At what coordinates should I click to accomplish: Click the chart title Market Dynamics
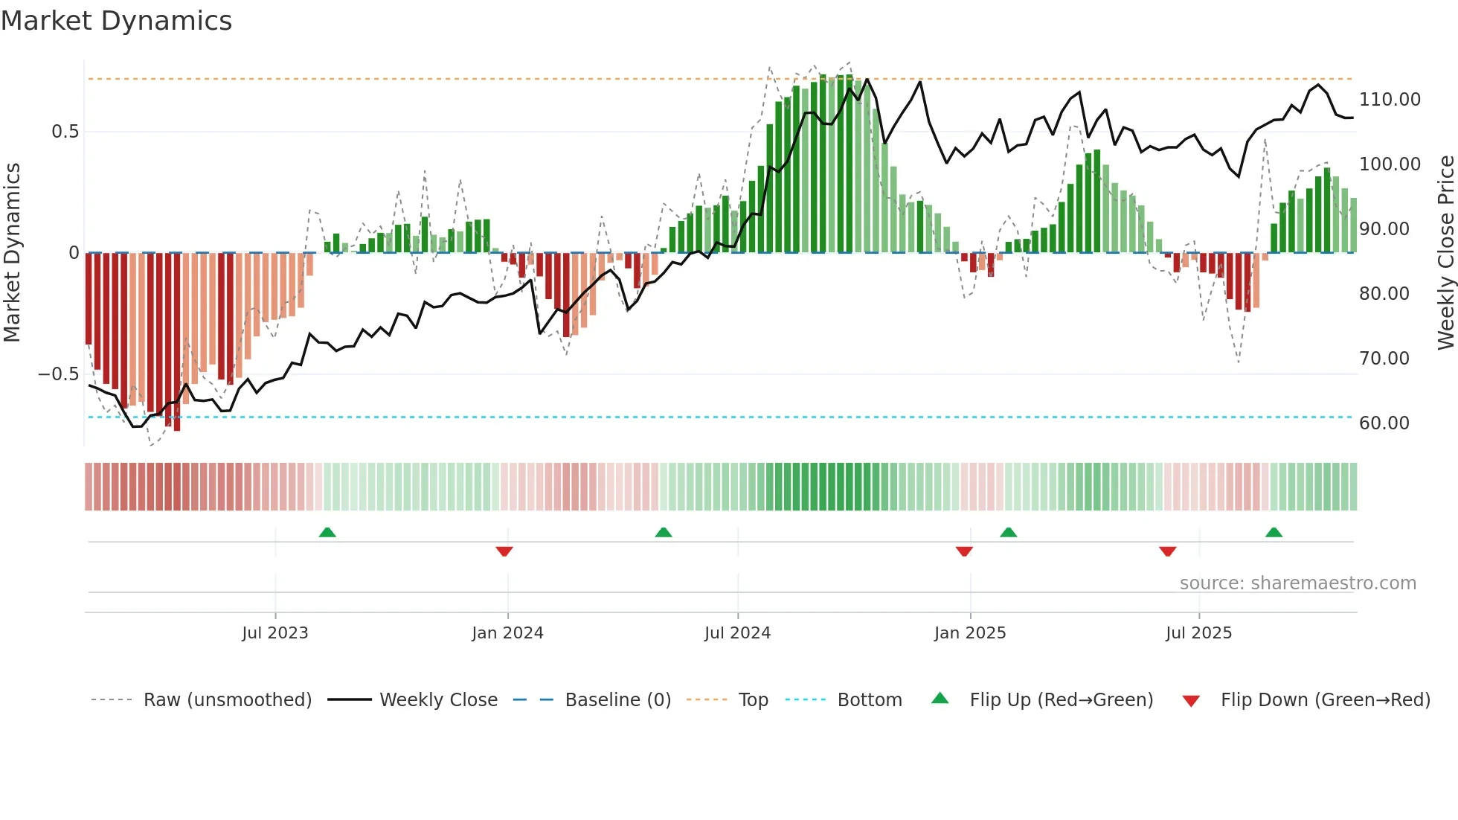(116, 21)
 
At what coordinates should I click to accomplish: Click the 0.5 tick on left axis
(65, 132)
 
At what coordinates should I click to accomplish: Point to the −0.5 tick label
(58, 374)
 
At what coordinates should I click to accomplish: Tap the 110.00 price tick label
(1389, 100)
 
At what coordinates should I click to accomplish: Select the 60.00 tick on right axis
(1384, 423)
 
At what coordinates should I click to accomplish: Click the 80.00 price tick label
(1384, 294)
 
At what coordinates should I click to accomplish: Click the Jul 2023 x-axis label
(274, 633)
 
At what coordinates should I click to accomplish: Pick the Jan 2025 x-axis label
(969, 633)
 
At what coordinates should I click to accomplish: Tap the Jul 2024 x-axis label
(737, 633)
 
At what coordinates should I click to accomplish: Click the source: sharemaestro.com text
(1297, 583)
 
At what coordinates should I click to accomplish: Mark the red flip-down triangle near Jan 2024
(504, 551)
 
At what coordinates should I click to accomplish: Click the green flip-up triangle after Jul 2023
(327, 532)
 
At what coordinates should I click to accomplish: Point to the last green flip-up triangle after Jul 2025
(1274, 532)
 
